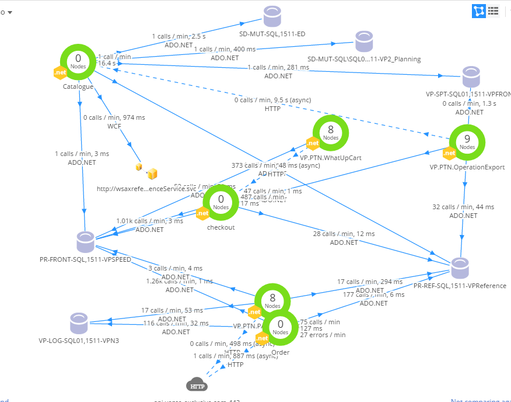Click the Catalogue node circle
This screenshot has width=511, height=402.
click(x=78, y=63)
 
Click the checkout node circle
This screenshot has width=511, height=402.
click(x=221, y=203)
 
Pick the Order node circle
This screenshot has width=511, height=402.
click(x=280, y=328)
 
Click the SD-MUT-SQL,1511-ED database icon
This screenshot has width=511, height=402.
click(x=272, y=16)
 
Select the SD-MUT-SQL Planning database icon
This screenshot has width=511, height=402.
click(x=365, y=43)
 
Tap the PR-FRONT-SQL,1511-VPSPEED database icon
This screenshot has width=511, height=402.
click(x=86, y=241)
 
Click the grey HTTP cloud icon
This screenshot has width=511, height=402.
click(x=197, y=386)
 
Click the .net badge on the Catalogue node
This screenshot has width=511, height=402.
click(x=60, y=73)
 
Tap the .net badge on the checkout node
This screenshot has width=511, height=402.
click(x=202, y=213)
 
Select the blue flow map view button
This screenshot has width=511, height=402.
click(x=479, y=10)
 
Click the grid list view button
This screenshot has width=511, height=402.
click(x=493, y=10)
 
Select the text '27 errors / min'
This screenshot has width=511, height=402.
click(x=323, y=335)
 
